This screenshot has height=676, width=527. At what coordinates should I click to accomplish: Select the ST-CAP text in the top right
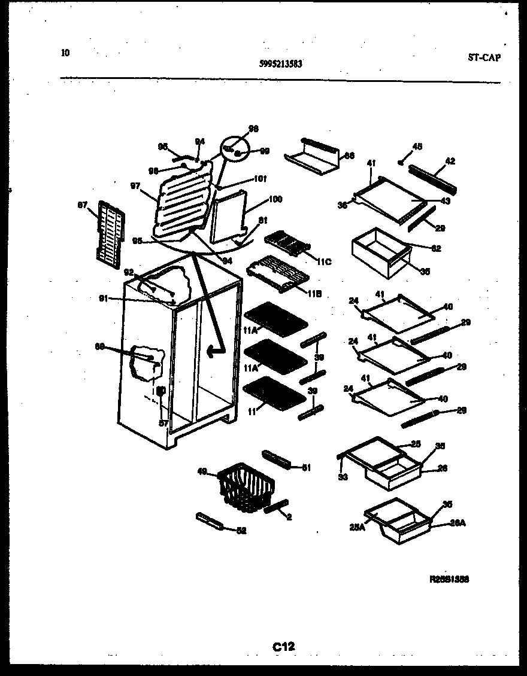coord(484,57)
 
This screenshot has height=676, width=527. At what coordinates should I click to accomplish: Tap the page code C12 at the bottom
coord(284,646)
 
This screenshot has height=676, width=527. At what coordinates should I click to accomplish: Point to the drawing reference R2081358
coord(449,579)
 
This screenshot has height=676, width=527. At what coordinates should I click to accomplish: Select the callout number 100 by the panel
coord(275,199)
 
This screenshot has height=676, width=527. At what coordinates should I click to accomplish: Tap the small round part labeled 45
coord(401,162)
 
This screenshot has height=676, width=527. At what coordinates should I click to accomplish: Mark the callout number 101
coord(260,178)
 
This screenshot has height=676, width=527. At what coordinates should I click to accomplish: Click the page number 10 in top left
coord(65,53)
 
